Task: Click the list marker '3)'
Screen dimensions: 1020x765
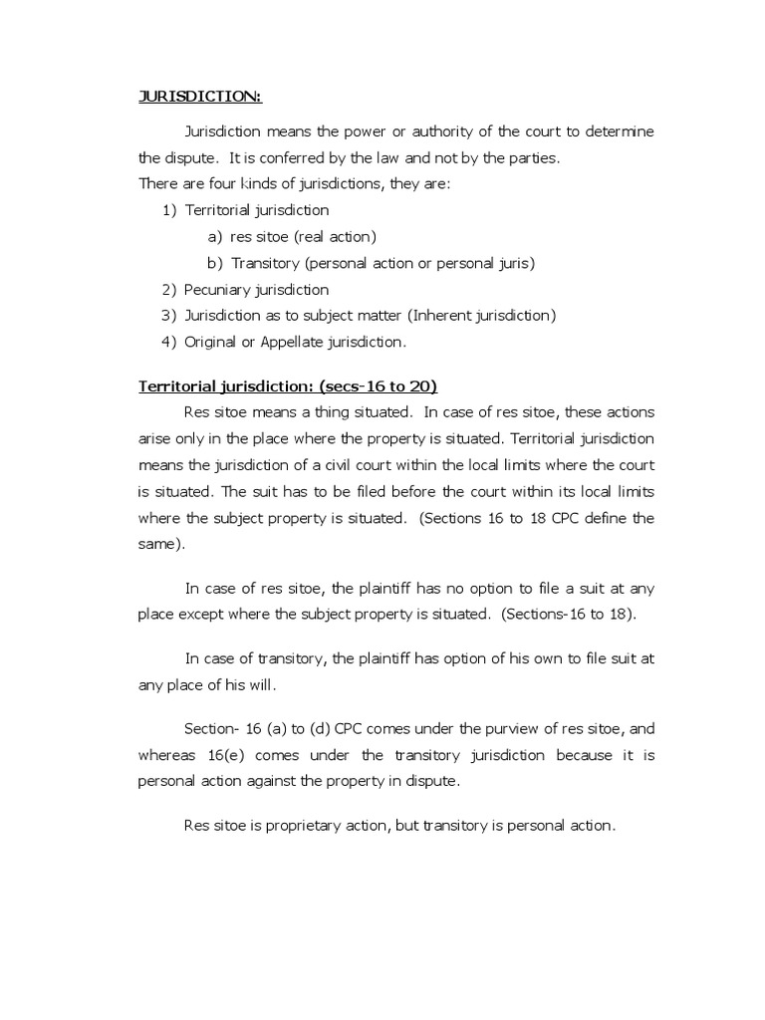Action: pos(168,316)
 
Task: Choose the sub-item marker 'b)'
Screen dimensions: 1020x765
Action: pos(215,263)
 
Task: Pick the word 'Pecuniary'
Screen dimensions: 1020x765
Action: pos(219,290)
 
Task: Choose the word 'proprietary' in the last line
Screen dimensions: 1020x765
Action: pos(300,826)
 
